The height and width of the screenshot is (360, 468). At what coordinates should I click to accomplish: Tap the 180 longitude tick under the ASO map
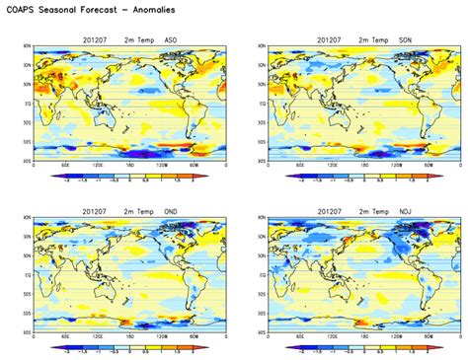[x=130, y=166]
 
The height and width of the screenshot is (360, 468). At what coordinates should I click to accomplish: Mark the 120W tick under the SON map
[x=397, y=166]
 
